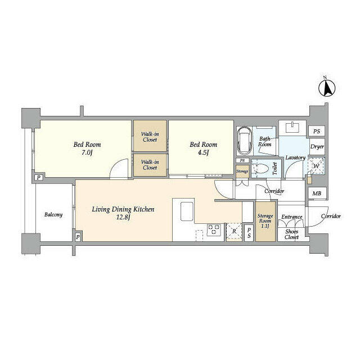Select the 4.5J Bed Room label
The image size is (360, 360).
point(202,148)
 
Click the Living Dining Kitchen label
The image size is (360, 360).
point(123,213)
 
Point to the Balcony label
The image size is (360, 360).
point(53,215)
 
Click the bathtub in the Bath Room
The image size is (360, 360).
point(245,141)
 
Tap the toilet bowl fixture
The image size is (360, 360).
point(260,168)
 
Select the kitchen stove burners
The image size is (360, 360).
point(213,229)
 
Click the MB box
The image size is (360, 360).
point(316,193)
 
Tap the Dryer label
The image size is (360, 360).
point(317,147)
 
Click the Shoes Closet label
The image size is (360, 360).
point(291,233)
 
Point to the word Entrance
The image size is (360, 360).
point(291,217)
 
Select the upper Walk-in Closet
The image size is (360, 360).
point(150,136)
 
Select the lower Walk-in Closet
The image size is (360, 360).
point(150,165)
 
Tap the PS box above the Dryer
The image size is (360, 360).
point(317,132)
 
